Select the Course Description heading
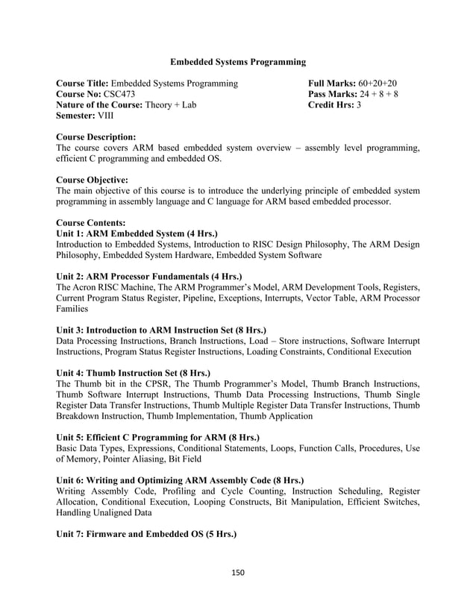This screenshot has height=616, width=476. click(96, 138)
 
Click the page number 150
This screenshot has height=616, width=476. click(238, 573)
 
